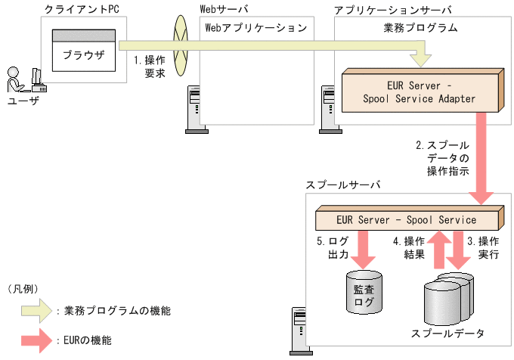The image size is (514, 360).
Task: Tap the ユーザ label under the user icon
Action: click(x=22, y=101)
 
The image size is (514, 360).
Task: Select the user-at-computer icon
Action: click(x=22, y=79)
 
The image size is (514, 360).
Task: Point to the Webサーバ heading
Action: click(x=224, y=9)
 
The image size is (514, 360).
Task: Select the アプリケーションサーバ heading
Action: click(x=392, y=9)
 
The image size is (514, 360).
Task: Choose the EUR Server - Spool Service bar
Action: click(x=406, y=220)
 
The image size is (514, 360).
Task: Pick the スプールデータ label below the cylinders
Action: click(x=447, y=333)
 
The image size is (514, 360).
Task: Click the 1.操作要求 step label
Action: click(x=150, y=66)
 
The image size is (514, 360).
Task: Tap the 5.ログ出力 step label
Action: click(x=331, y=248)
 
